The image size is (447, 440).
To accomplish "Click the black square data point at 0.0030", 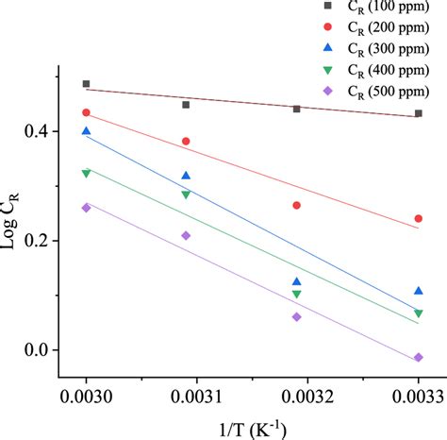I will pyautogui.click(x=86, y=84).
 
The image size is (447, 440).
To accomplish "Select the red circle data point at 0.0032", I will pyautogui.click(x=297, y=205).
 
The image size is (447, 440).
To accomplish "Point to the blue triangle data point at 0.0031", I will pyautogui.click(x=186, y=176).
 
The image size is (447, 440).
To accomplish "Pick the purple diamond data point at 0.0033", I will pyautogui.click(x=418, y=358).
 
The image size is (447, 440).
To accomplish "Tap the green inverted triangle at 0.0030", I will pyautogui.click(x=86, y=174).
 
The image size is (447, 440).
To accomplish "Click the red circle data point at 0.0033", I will pyautogui.click(x=418, y=218).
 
